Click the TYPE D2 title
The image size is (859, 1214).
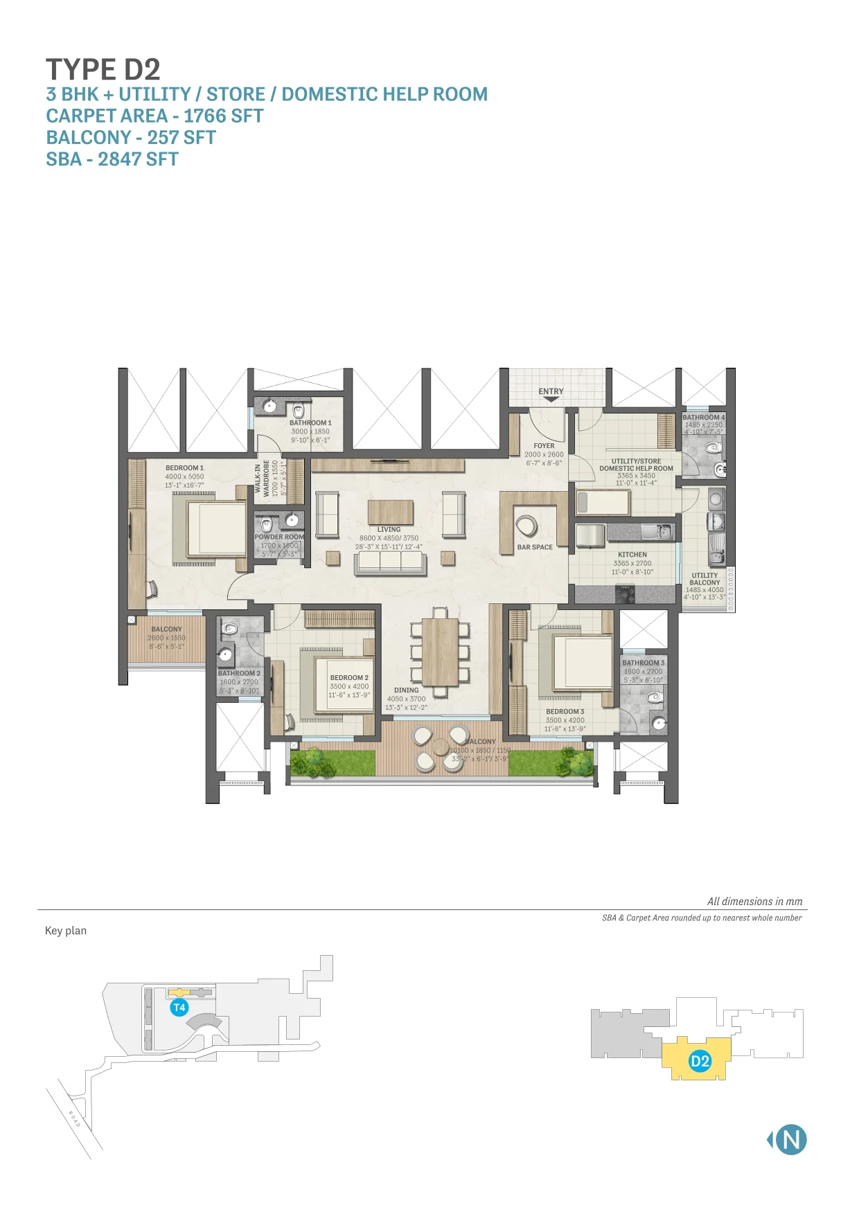tap(103, 69)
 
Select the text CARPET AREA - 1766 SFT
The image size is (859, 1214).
tap(154, 116)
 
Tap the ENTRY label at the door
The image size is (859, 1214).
tap(551, 391)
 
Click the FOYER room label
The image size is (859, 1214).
tap(544, 446)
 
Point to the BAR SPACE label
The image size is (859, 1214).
tap(535, 547)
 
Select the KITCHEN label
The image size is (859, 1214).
tap(632, 555)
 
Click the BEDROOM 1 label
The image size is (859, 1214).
tap(184, 468)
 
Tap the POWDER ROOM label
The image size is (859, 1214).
tap(279, 537)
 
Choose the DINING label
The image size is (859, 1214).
tap(407, 690)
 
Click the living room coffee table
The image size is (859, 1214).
tap(390, 512)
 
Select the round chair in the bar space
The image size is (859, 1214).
tap(526, 526)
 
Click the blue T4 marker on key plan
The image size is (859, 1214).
tap(179, 1008)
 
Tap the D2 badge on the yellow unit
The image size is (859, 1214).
tap(700, 1062)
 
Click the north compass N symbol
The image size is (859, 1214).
tap(790, 1140)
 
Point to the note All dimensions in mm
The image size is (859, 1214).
tap(754, 902)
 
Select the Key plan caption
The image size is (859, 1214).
tap(66, 931)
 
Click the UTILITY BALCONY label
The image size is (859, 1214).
tap(705, 579)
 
